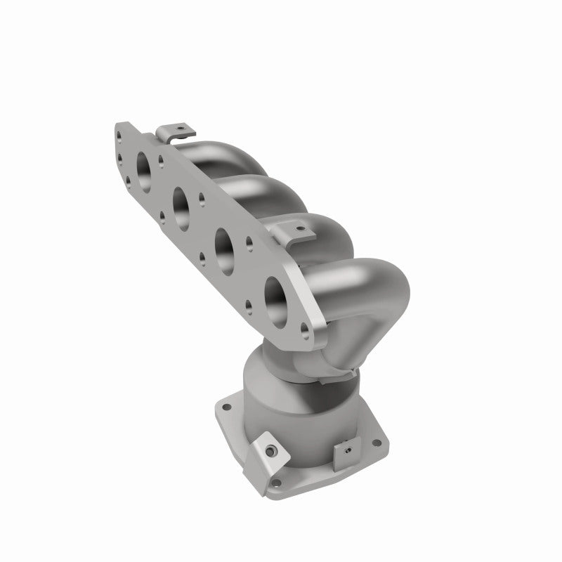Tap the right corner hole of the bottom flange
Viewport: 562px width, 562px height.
[x=377, y=443]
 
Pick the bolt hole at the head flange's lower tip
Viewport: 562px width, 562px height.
[x=303, y=327]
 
